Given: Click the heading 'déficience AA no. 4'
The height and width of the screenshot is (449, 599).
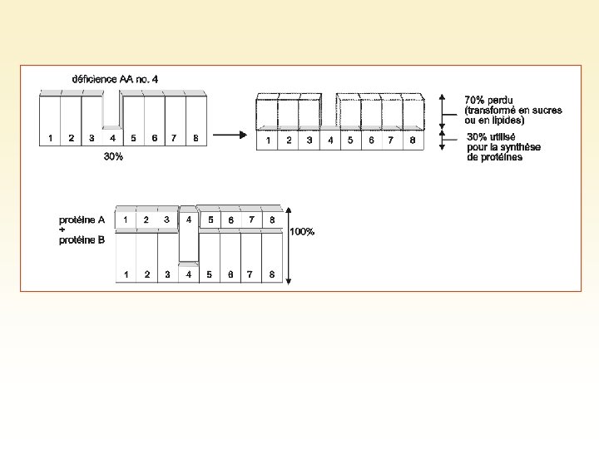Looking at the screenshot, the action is point(115,79).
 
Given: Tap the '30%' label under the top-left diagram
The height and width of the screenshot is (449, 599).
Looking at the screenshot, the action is point(113,157).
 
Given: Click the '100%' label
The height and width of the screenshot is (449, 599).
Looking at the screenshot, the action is point(302,232).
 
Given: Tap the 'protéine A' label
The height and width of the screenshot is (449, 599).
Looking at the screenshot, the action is point(82,220).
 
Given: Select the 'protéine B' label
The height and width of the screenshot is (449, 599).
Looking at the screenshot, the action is point(82,240).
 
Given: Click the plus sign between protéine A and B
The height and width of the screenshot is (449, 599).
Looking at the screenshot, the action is point(62,230).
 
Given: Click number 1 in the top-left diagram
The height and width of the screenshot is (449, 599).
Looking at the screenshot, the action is point(51,138).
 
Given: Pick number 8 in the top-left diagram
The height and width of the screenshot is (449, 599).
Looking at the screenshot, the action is point(196,138).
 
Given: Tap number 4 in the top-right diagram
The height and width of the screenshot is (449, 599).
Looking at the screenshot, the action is point(330,141).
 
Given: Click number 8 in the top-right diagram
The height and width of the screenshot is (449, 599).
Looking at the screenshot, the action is point(413,141).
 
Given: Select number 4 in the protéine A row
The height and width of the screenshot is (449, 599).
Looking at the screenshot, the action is point(189,220).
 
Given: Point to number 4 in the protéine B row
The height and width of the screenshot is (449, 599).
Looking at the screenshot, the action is point(189,274).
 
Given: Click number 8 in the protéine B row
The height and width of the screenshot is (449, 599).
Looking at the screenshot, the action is point(272,274).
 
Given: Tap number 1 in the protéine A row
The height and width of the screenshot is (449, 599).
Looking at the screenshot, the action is point(126,220).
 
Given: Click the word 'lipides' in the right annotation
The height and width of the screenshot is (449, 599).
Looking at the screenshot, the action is point(507,121).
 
